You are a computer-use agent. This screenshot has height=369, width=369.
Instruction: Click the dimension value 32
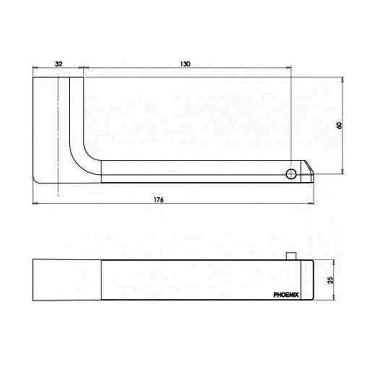pos(58,64)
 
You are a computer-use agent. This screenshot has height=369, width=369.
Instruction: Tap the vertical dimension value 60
pos(339,125)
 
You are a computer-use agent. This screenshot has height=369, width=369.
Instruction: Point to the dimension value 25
pos(329,280)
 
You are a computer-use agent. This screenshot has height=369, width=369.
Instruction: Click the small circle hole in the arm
pos(291,173)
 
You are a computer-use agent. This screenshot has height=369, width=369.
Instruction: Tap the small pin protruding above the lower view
pos(290,255)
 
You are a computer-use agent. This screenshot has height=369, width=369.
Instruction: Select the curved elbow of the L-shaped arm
pos(83,155)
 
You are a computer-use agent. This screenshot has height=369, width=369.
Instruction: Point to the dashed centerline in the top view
pos(58,138)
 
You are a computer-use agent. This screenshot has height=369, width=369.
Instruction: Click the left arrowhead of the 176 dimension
pos(35,203)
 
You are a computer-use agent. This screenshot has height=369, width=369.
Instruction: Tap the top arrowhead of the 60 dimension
pos(342,80)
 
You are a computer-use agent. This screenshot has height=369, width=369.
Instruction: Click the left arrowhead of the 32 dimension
pos(35,68)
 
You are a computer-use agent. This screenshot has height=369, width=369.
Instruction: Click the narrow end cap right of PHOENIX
pos(307,280)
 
